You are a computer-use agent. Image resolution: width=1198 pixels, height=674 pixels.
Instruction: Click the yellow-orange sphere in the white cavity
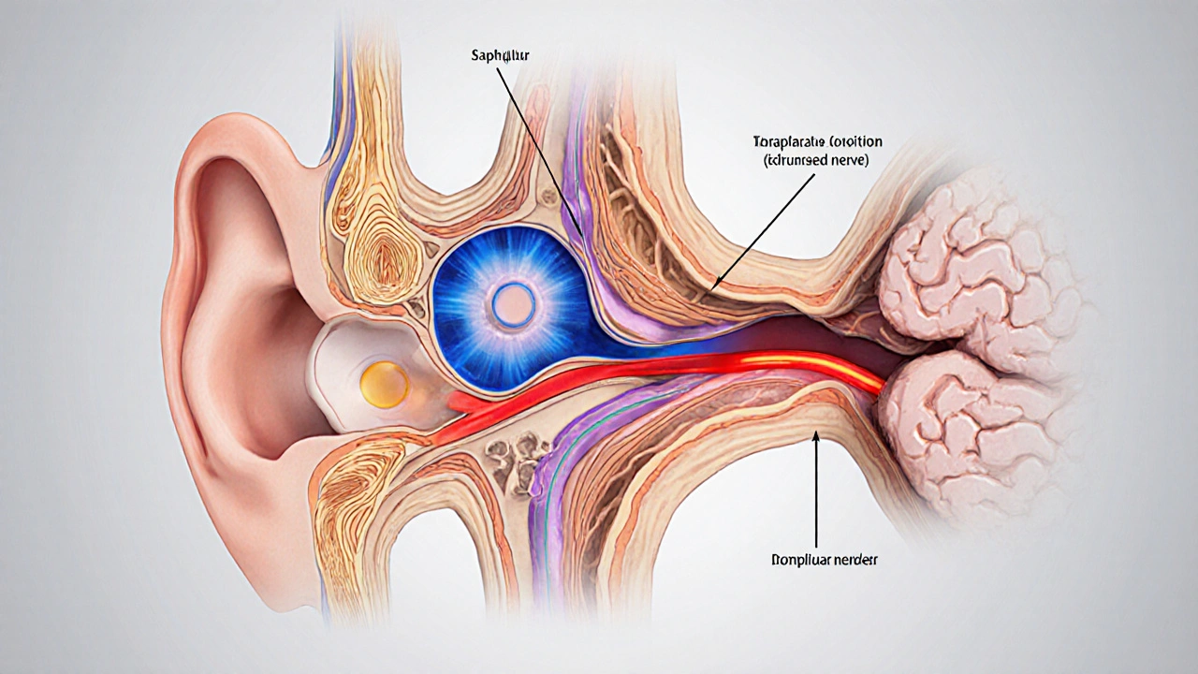pos(384,384)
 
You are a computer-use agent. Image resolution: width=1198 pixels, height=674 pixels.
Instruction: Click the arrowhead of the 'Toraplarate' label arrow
pos(713,286)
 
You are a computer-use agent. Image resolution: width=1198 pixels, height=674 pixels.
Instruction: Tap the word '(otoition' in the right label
pos(852,142)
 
